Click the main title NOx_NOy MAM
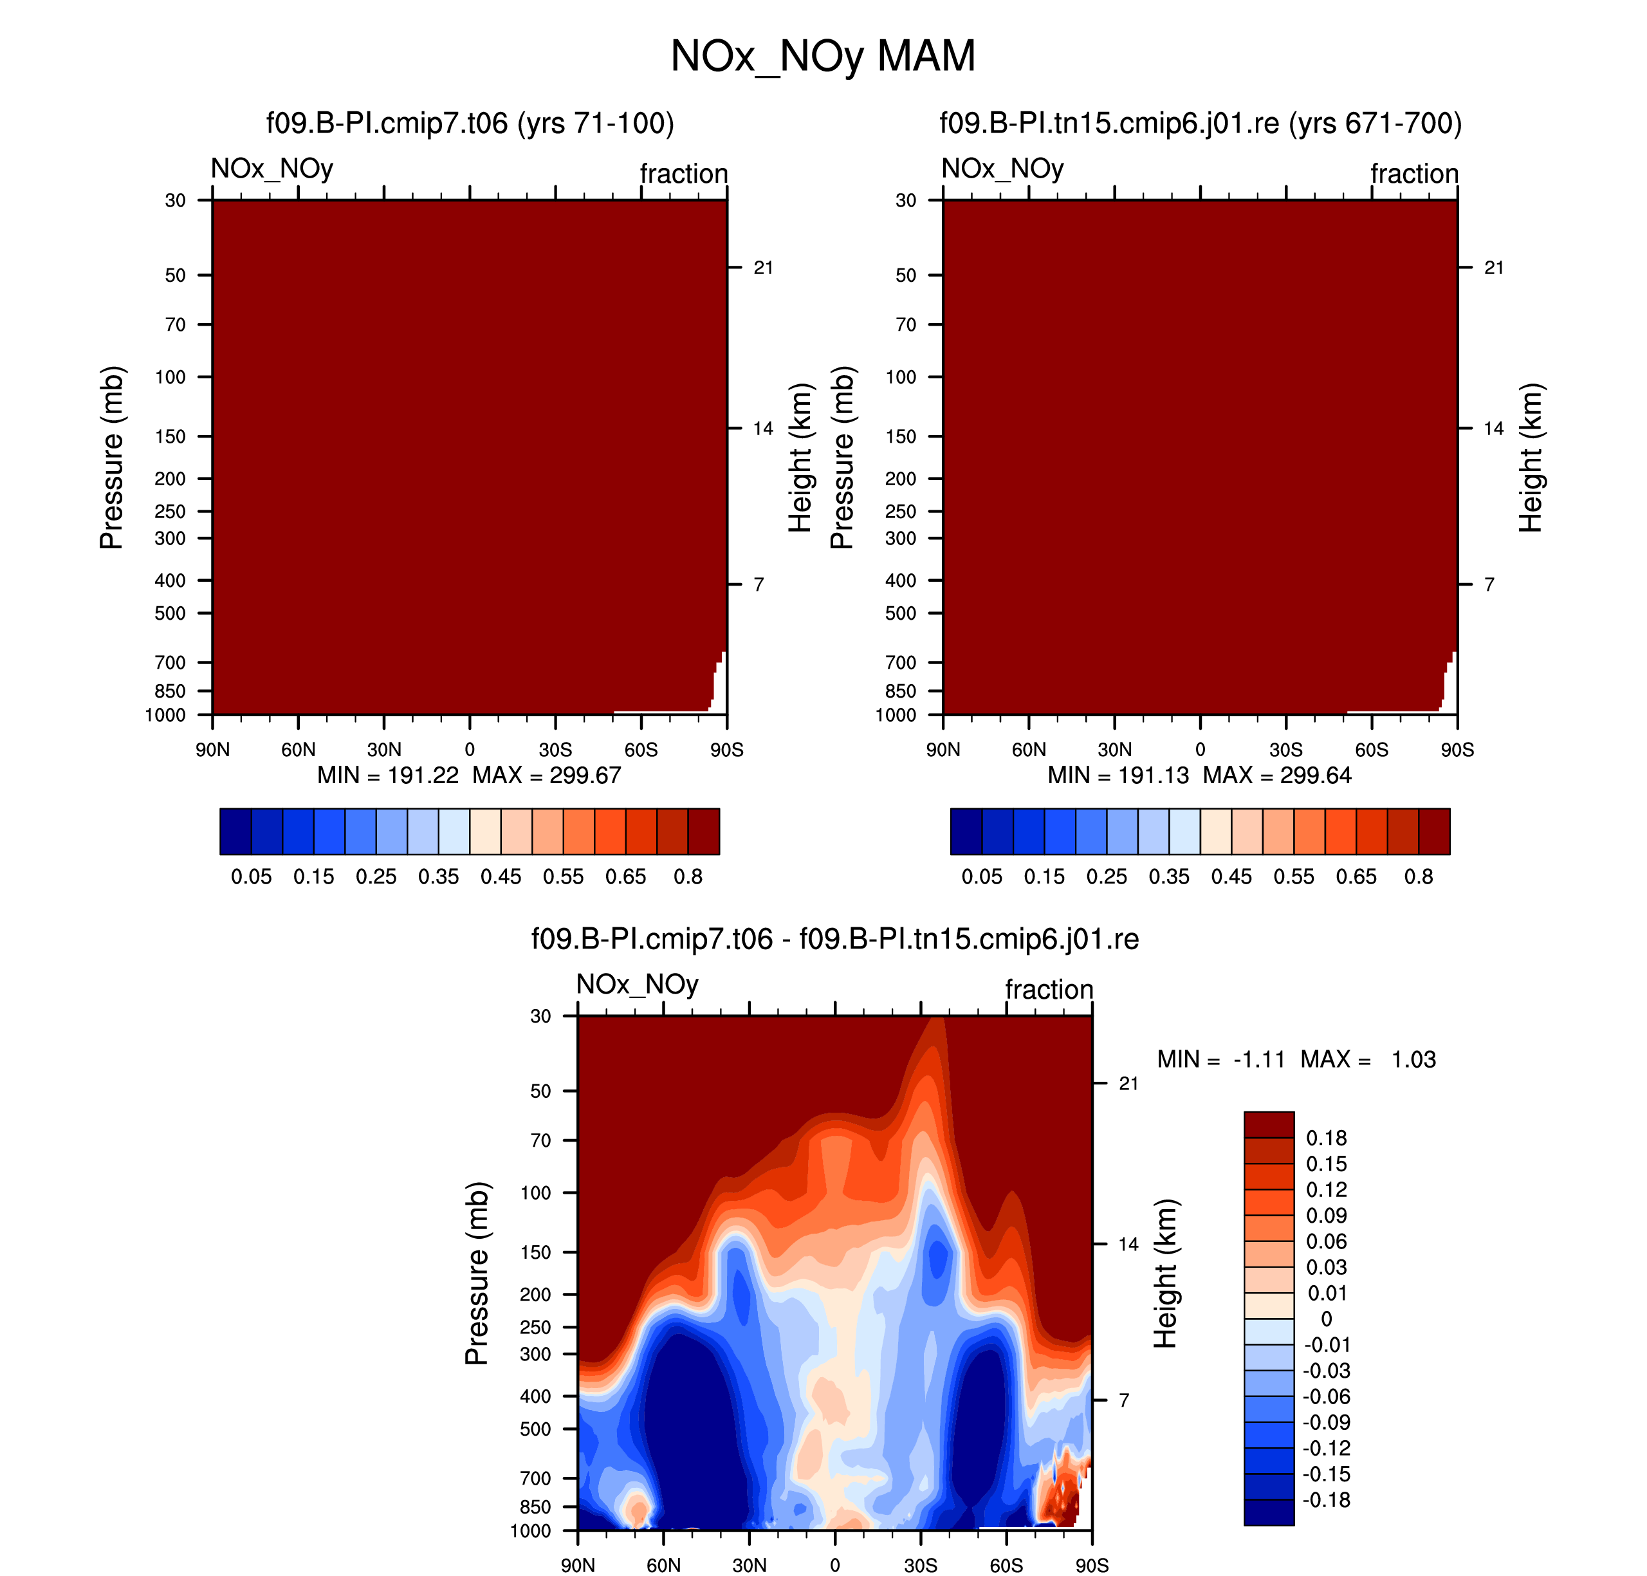pyautogui.click(x=822, y=56)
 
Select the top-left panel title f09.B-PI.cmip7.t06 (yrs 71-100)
pyautogui.click(x=470, y=124)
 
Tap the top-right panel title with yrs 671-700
pyautogui.click(x=1200, y=124)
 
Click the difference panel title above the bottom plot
pyautogui.click(x=835, y=938)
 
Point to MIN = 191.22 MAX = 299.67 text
pyautogui.click(x=468, y=775)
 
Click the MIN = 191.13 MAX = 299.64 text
pyautogui.click(x=1199, y=775)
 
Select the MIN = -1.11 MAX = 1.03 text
pyautogui.click(x=1296, y=1059)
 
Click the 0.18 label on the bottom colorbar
pyautogui.click(x=1326, y=1138)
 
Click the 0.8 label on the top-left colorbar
pyautogui.click(x=688, y=876)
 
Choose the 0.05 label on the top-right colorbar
pyautogui.click(x=982, y=876)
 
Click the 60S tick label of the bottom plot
pyautogui.click(x=1006, y=1565)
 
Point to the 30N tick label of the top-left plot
pyautogui.click(x=384, y=749)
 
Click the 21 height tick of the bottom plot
pyautogui.click(x=1129, y=1083)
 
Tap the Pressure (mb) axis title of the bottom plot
pyautogui.click(x=476, y=1273)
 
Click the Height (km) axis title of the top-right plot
pyautogui.click(x=1531, y=458)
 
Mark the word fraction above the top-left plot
pyautogui.click(x=684, y=173)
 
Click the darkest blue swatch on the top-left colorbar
pyautogui.click(x=236, y=831)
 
